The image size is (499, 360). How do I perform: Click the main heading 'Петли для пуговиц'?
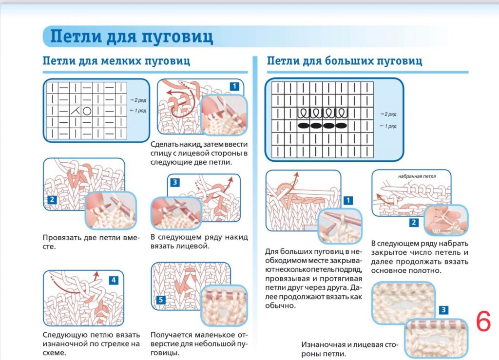[x=132, y=37]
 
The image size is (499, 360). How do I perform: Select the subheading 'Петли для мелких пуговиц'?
[x=116, y=61]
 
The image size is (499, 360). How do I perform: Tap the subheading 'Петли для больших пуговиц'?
[x=344, y=61]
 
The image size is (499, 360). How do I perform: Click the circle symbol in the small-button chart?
[x=87, y=111]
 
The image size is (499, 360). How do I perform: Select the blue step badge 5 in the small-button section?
[x=161, y=300]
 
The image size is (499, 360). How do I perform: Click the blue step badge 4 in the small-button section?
[x=113, y=280]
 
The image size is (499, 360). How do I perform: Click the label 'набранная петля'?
[x=417, y=176]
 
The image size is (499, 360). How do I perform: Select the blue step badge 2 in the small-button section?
[x=52, y=200]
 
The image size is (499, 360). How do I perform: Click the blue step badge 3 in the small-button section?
[x=175, y=182]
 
